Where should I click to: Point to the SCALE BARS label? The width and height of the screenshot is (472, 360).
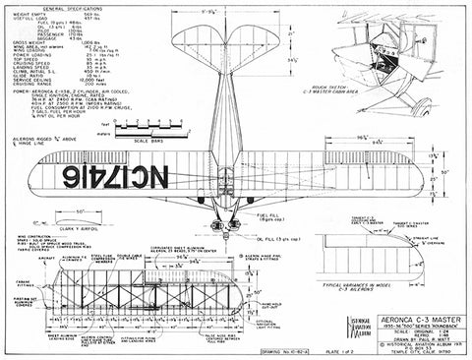coord(136,139)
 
